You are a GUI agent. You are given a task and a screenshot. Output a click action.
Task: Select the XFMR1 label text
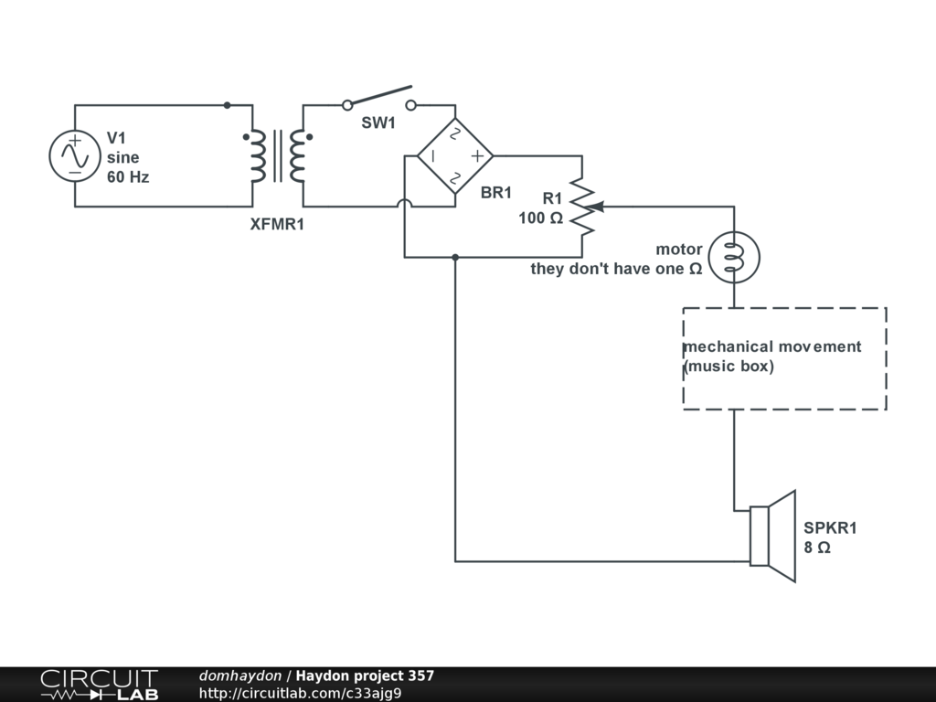click(277, 224)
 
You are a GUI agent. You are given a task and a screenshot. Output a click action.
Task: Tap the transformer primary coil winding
click(258, 156)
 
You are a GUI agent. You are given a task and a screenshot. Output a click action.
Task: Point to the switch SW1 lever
click(378, 96)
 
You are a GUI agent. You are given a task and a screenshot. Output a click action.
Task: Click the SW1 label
click(378, 123)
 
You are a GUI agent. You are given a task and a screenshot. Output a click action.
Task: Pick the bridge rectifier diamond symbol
click(455, 155)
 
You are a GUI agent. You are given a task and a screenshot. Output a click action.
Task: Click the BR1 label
click(496, 192)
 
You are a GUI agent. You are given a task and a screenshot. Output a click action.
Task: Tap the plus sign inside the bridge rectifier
click(476, 156)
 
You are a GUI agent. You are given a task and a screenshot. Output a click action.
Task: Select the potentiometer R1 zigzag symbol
click(582, 207)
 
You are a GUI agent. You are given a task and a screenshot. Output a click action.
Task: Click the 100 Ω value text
click(540, 218)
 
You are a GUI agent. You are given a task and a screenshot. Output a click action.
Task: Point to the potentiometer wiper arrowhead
click(597, 207)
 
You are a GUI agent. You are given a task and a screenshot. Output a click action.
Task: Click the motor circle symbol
click(733, 258)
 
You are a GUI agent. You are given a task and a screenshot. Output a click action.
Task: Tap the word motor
click(679, 249)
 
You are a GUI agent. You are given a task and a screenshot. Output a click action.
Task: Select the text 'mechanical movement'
click(772, 346)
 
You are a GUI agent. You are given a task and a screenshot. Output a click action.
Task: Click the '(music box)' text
click(729, 367)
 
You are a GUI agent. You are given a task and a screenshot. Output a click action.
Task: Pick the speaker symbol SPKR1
click(772, 536)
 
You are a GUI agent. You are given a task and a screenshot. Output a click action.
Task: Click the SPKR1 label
click(830, 527)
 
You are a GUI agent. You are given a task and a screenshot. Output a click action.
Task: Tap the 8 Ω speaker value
click(817, 548)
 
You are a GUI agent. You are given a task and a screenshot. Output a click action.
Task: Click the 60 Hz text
click(128, 177)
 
